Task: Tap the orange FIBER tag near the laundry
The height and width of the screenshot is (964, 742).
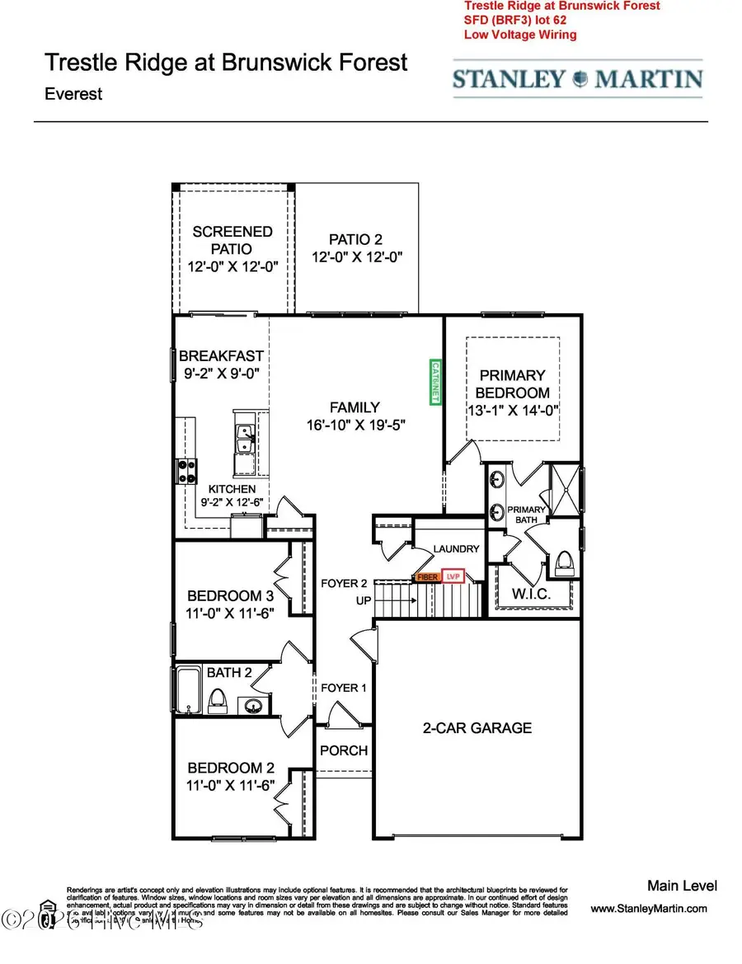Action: tap(427, 577)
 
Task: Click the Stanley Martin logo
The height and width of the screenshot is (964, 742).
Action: tap(577, 80)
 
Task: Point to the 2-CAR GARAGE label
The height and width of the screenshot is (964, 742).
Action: tap(477, 727)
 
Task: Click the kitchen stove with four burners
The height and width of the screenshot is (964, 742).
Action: tap(186, 470)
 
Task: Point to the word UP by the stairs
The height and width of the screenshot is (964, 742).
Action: tap(364, 600)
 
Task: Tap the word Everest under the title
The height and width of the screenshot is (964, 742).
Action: tap(73, 93)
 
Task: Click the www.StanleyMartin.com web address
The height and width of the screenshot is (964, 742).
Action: tap(649, 909)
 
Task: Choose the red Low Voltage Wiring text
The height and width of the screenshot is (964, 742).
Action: tap(520, 35)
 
